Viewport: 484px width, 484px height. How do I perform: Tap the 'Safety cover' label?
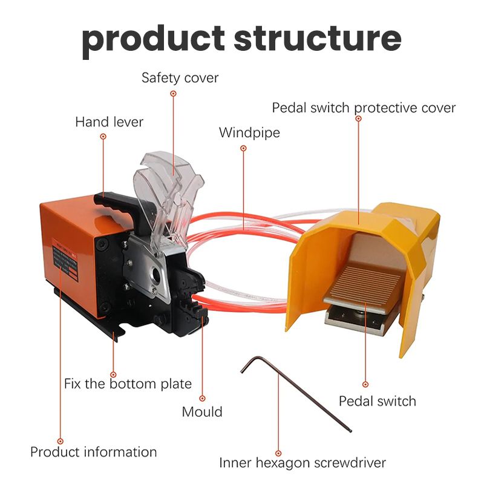tap(180, 78)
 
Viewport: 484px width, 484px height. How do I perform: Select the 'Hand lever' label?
tap(109, 122)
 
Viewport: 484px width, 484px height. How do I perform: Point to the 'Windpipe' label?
tap(249, 132)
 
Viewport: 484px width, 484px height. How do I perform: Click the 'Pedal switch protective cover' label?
tap(364, 108)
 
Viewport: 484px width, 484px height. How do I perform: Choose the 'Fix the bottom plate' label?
tap(128, 384)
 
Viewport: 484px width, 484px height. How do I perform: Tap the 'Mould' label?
tap(202, 412)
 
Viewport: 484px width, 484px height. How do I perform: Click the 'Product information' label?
tap(94, 452)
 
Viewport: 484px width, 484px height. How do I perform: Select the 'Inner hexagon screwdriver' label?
tap(302, 463)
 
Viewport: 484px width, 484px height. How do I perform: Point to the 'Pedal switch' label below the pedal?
tap(377, 401)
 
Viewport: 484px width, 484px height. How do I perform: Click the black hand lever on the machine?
tap(115, 203)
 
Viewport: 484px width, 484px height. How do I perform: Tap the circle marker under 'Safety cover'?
tap(173, 94)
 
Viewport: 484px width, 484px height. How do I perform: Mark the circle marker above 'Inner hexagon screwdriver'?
tap(278, 452)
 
